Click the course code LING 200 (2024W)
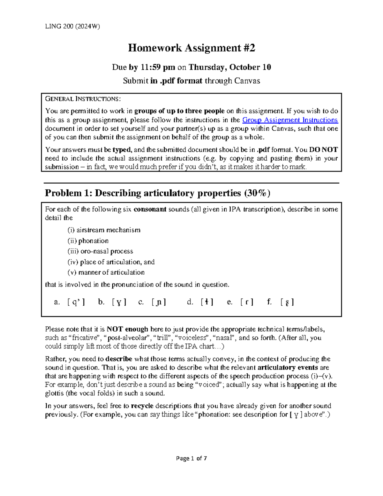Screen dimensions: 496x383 click(x=72, y=27)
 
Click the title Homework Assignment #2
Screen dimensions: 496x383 click(x=191, y=48)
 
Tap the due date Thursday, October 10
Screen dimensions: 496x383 click(x=230, y=67)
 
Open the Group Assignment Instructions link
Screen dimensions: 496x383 click(x=290, y=120)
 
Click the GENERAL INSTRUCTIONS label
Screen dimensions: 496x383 click(x=83, y=99)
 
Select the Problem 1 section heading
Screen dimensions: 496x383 click(x=158, y=193)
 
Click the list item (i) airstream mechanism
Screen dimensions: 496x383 click(x=104, y=230)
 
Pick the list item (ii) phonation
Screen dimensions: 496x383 click(x=88, y=241)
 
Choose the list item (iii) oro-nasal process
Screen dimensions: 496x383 click(x=100, y=251)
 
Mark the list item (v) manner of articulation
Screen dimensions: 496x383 click(x=106, y=272)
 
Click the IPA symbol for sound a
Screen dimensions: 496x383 click(x=76, y=302)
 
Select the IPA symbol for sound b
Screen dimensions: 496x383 click(x=119, y=302)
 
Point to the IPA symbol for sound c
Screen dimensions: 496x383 click(x=159, y=302)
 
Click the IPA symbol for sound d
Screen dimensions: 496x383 click(x=207, y=302)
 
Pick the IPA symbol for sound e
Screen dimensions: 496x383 click(x=247, y=302)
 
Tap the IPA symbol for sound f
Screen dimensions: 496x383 click(x=287, y=302)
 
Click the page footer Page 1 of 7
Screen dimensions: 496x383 click(x=191, y=459)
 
